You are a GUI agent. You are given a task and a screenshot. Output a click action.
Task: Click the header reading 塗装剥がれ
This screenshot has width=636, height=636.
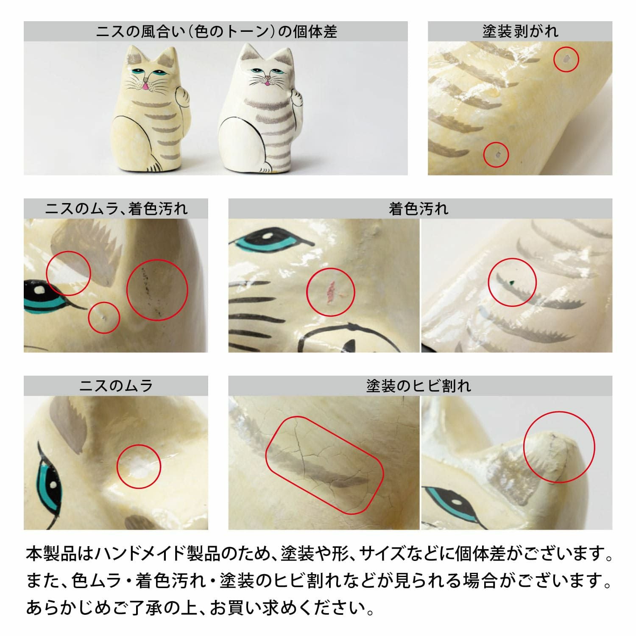(520, 31)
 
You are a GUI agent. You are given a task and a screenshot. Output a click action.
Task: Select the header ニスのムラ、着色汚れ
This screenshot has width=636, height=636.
(116, 209)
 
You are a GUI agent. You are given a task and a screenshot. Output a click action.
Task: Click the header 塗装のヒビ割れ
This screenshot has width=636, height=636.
(418, 386)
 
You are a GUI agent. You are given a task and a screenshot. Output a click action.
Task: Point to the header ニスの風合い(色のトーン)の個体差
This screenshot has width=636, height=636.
(216, 31)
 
